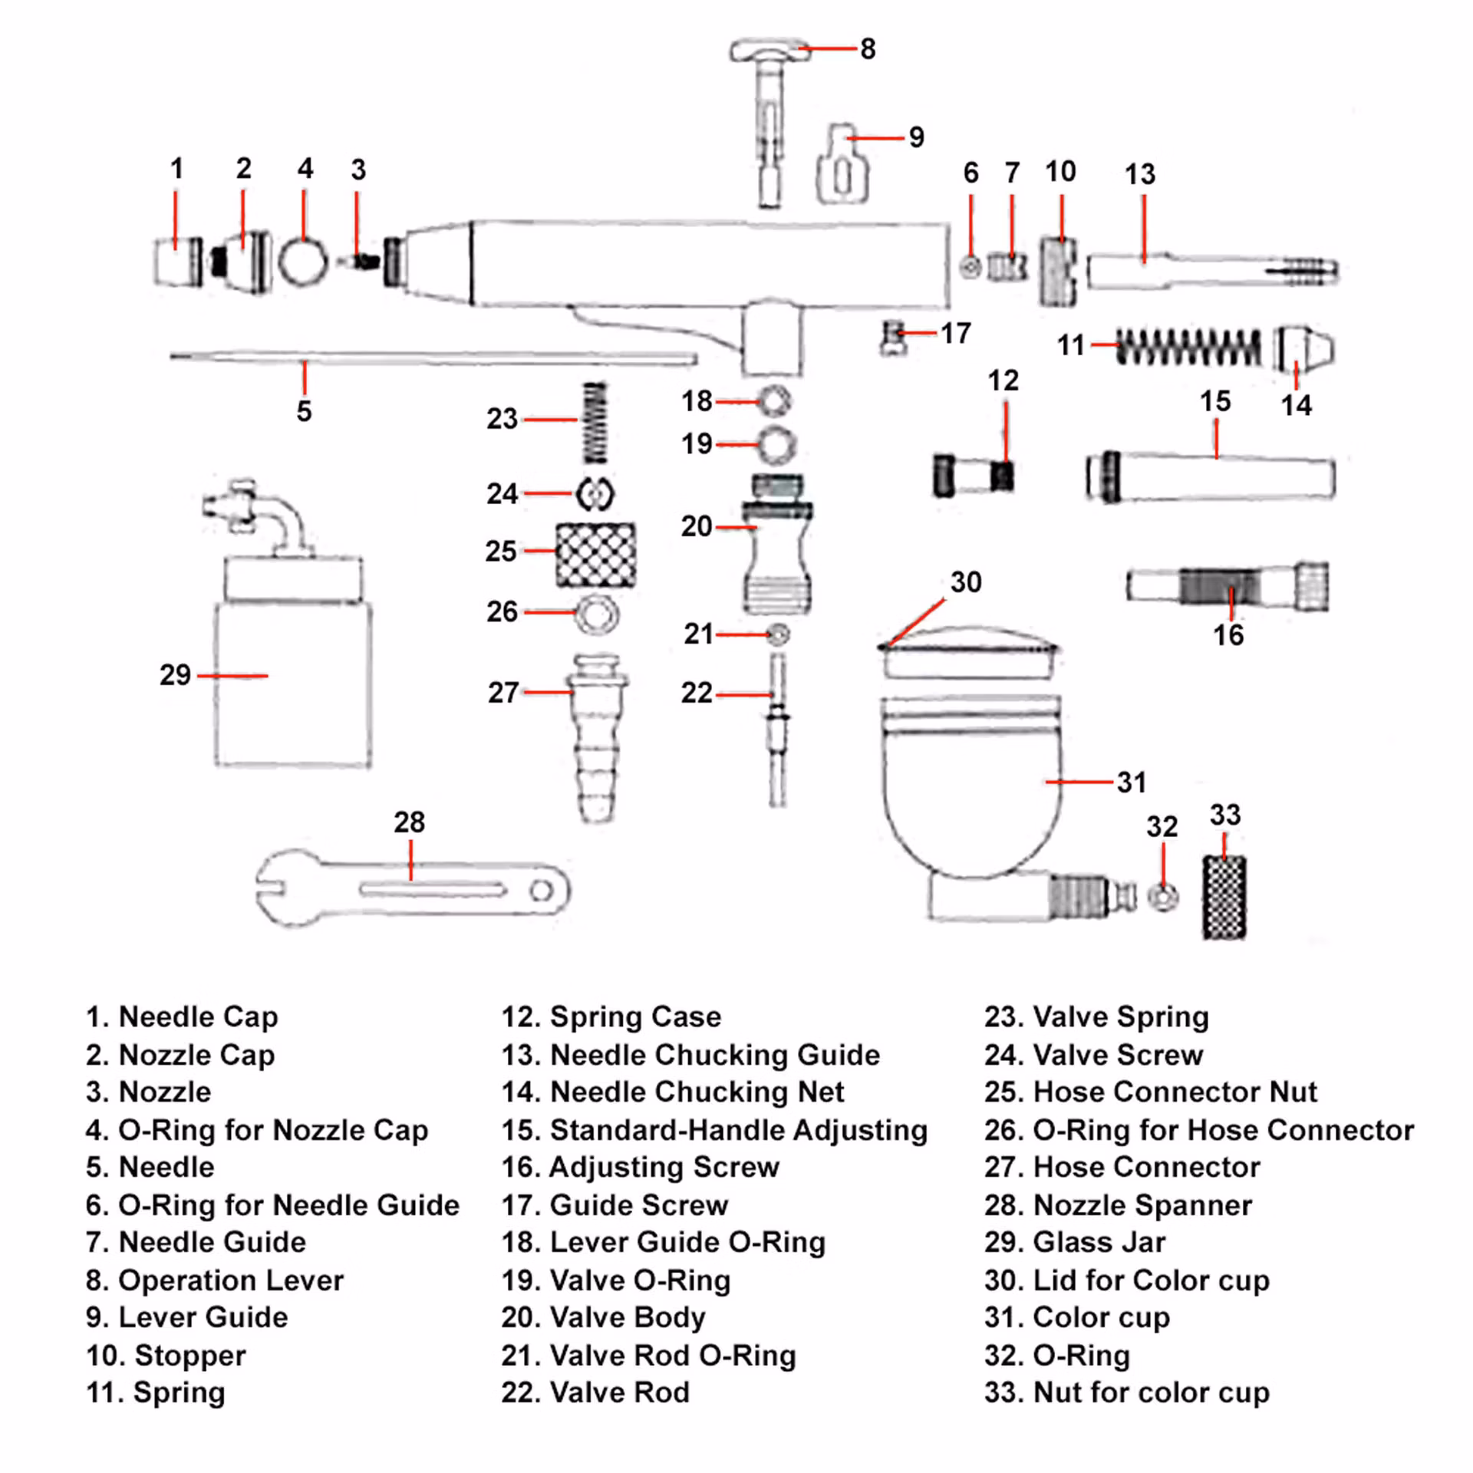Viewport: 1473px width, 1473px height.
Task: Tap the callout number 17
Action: [956, 333]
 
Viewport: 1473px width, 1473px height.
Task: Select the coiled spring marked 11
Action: [1188, 346]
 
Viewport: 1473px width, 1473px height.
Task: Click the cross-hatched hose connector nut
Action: [596, 554]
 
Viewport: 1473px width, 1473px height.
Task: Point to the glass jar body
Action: [293, 684]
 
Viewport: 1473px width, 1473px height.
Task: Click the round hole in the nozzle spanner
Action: [542, 891]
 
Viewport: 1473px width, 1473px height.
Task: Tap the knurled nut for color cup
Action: [1224, 897]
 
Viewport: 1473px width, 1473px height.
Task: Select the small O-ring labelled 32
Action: [1163, 896]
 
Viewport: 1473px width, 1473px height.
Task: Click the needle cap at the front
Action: [179, 262]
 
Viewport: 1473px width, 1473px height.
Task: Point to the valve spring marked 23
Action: [595, 422]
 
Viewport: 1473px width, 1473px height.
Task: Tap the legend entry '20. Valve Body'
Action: [603, 1317]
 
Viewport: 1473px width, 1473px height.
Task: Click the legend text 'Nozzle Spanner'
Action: [1142, 1205]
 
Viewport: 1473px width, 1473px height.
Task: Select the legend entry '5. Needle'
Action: [150, 1167]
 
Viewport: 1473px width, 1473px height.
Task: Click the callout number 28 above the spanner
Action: [409, 822]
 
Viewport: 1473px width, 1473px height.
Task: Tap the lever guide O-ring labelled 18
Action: [775, 400]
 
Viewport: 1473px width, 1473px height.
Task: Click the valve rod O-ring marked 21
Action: [779, 634]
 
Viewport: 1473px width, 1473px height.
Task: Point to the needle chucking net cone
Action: [1303, 348]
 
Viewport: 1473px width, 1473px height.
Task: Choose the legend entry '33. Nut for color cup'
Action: [1126, 1392]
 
